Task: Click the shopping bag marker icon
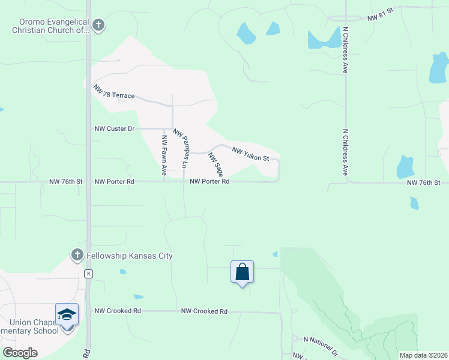point(242,272)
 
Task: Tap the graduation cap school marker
point(67,314)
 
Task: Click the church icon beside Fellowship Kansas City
point(77,255)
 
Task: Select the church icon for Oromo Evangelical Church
point(99,25)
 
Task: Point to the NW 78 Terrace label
point(113,92)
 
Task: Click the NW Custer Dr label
point(116,128)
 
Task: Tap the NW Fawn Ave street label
point(164,155)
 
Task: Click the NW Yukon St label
point(250,154)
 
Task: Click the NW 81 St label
point(379,18)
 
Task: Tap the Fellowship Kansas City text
point(129,256)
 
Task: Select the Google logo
point(20,352)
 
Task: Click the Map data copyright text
point(423,355)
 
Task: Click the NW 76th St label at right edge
point(423,182)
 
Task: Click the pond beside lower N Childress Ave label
point(405,167)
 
